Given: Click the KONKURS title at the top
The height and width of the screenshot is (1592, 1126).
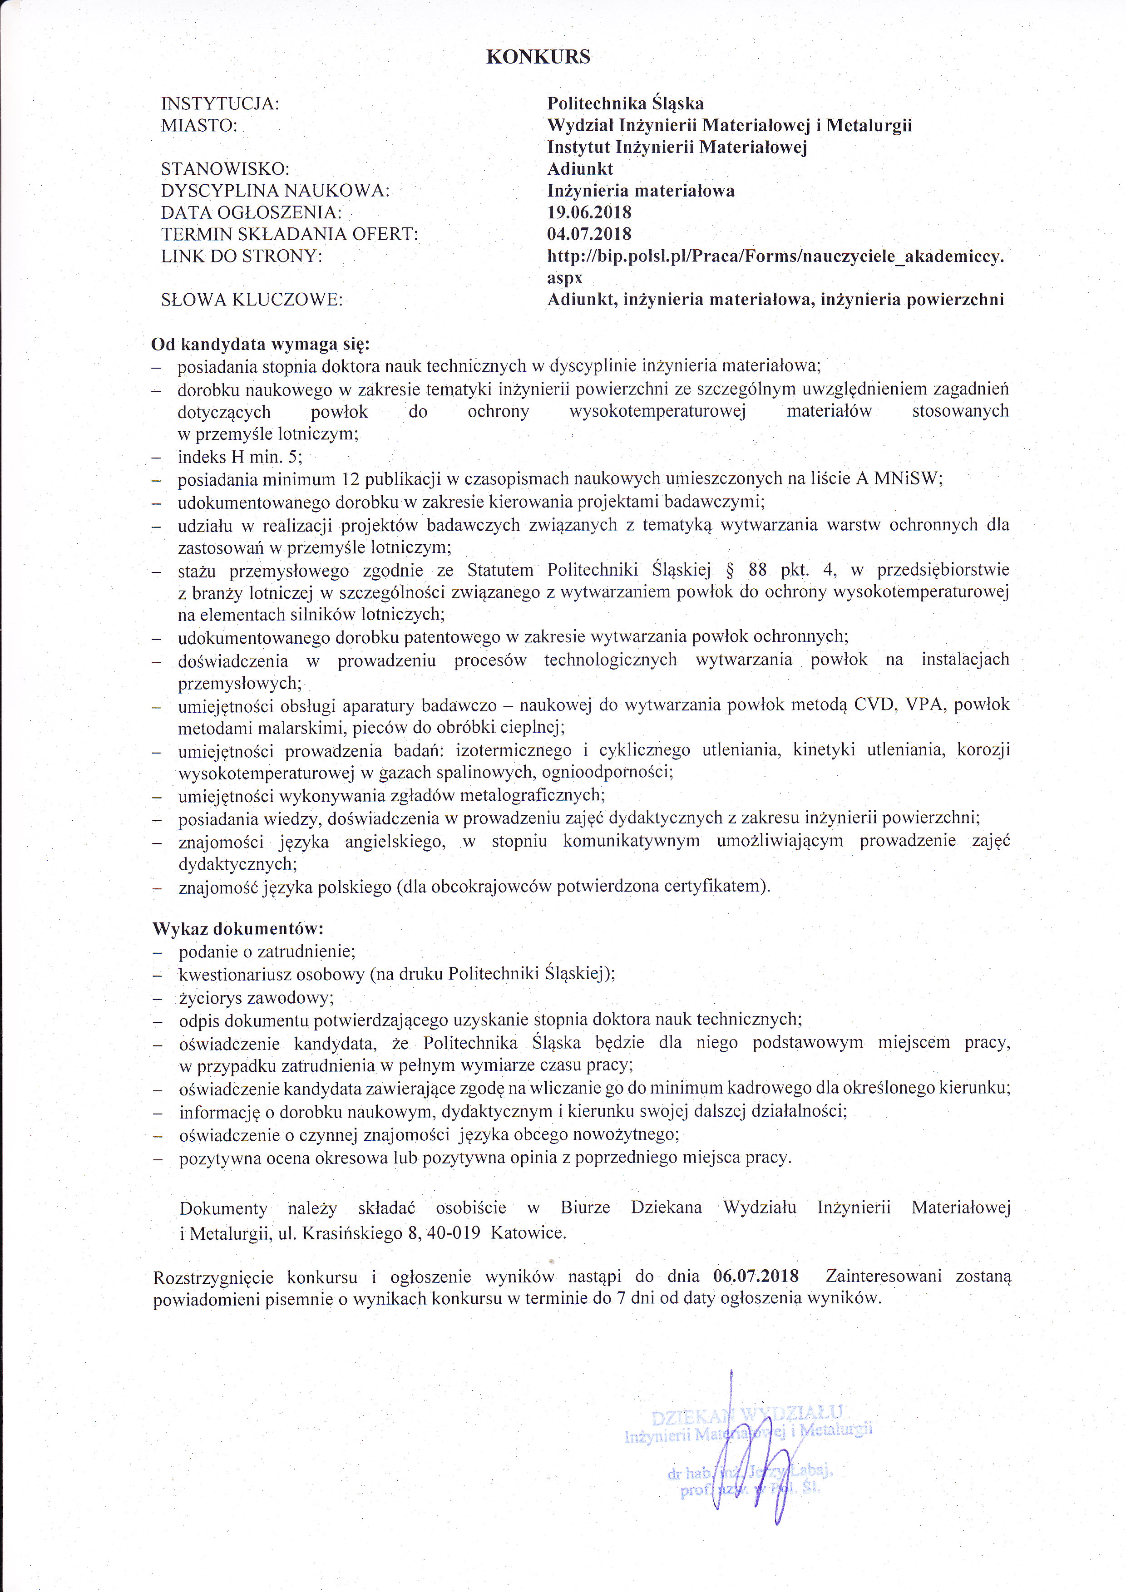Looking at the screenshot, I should pos(538,57).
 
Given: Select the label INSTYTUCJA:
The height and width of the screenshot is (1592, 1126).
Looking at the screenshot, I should pos(220,104).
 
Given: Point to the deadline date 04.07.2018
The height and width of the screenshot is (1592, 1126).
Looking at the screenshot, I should pos(589,234).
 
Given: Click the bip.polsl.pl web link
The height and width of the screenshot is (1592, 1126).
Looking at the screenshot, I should pos(775,256).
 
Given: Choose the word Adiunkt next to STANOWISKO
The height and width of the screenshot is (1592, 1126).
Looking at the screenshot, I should pos(580,169).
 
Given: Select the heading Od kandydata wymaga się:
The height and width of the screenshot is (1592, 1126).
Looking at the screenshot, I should pos(261,345).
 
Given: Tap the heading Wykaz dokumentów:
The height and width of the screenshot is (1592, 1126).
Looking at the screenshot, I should pos(238,928).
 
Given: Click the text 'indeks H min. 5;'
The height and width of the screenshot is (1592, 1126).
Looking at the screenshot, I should pos(240,457).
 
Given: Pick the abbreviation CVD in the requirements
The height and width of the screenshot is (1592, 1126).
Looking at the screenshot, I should pos(874,705).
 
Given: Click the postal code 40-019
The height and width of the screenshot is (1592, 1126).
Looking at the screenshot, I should pos(444,1233).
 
